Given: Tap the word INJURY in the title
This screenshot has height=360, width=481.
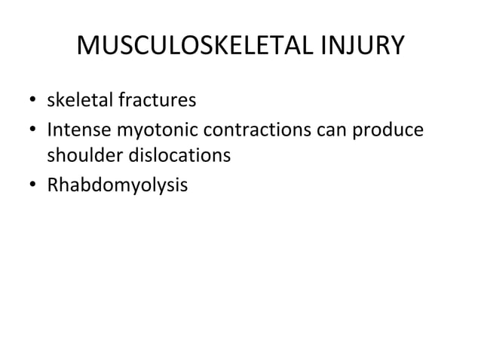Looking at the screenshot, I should click(357, 48).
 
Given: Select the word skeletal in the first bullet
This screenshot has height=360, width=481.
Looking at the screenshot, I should click(78, 99).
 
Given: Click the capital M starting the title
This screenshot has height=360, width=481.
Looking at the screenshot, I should click(88, 48).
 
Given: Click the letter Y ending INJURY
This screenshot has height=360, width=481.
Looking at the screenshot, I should click(397, 48).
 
